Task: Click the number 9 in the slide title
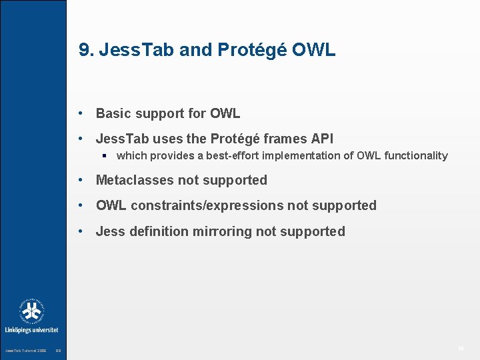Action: (x=83, y=50)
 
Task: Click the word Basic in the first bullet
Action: (x=113, y=113)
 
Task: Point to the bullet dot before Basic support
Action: (x=80, y=113)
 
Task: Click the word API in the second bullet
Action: (x=320, y=139)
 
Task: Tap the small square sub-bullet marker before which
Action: (x=105, y=156)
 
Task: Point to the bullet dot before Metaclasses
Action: (x=80, y=180)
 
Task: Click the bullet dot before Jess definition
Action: (x=80, y=231)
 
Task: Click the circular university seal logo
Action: (x=31, y=311)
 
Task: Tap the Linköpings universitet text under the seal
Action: (x=31, y=330)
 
